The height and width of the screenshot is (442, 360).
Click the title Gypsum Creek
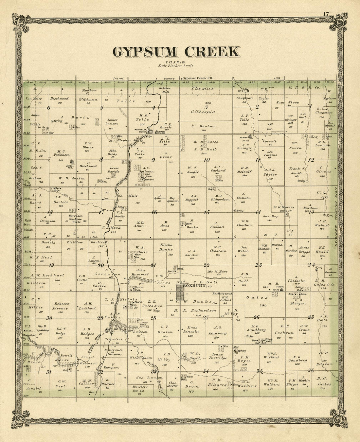176,52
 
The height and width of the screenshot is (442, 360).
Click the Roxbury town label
194,286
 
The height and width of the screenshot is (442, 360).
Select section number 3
206,107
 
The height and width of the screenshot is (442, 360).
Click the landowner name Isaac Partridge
218,356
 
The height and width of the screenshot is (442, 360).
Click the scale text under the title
176,66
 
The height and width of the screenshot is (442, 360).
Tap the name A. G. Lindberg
220,331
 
